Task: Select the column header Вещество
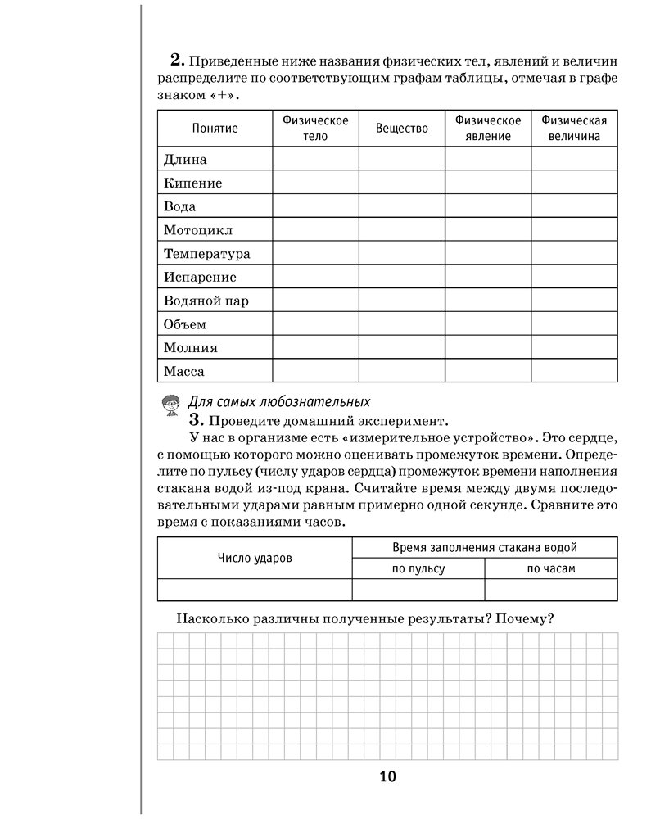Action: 401,129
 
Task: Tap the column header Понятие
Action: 215,129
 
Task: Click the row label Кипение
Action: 192,183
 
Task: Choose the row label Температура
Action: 206,254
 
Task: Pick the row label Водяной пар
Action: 206,301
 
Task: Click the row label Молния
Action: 190,347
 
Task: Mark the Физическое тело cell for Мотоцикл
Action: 315,229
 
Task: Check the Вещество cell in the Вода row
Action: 401,206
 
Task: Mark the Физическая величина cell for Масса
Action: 574,371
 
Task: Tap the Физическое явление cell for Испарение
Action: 488,277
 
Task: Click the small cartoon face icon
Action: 170,405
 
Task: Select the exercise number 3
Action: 195,421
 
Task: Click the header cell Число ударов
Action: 255,558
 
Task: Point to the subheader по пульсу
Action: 418,568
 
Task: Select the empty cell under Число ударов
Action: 255,590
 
